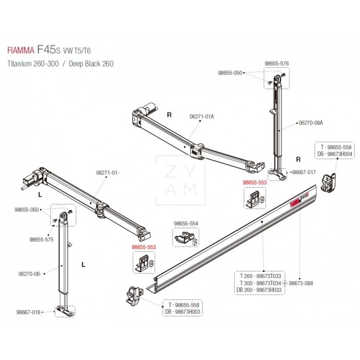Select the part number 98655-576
(x=276, y=64)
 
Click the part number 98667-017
(x=304, y=172)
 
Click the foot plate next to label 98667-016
(x=64, y=310)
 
